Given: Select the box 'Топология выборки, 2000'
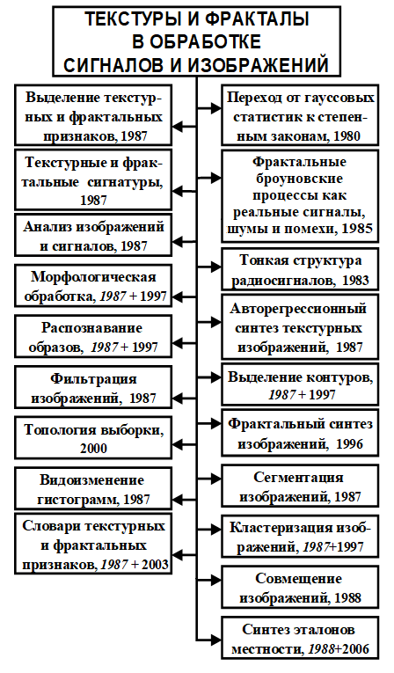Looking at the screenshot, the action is (x=93, y=437).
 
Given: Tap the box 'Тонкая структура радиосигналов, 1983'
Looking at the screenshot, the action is (x=300, y=269).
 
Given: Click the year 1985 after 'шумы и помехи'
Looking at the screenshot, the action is (x=357, y=228).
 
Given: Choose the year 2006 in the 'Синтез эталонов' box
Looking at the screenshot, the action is (x=355, y=649).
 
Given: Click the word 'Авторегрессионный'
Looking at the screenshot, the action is (x=298, y=308).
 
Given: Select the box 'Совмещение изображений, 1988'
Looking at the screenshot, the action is (x=300, y=588).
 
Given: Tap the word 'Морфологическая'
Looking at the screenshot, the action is (x=93, y=277).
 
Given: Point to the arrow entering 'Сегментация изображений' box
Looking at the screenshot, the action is (x=209, y=478).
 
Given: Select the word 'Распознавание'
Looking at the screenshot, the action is (x=91, y=328).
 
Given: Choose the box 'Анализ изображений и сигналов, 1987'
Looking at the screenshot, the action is (x=93, y=236).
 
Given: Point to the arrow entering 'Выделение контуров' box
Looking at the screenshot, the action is (x=209, y=377).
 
